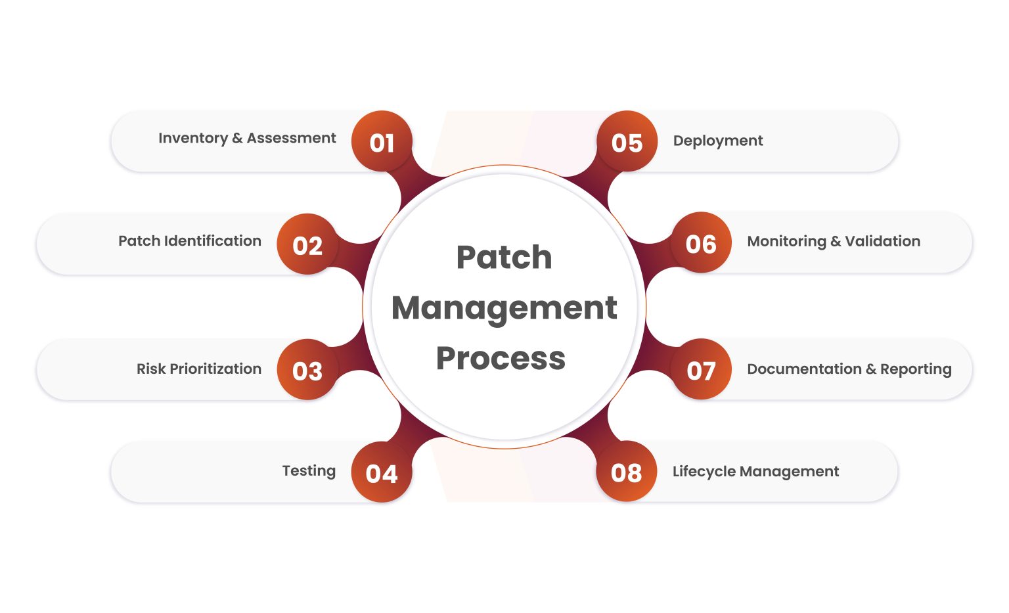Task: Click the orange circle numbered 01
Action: (x=382, y=142)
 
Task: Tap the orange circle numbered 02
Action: (x=307, y=244)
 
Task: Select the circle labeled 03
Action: (x=307, y=370)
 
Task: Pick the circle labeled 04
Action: (x=382, y=472)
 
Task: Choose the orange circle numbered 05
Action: (x=627, y=142)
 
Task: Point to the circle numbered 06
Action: (x=701, y=243)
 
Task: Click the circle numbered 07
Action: (x=701, y=370)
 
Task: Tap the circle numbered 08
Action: (x=626, y=472)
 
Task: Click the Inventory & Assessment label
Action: (x=247, y=138)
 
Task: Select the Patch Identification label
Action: (x=190, y=241)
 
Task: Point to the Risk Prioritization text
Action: (x=199, y=369)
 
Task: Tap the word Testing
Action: (x=309, y=471)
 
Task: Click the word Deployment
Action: (x=718, y=141)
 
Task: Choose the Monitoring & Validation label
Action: (x=834, y=241)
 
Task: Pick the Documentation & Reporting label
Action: (x=849, y=369)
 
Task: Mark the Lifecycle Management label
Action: (x=755, y=472)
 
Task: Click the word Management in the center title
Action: (x=504, y=308)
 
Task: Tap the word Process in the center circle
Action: (x=501, y=359)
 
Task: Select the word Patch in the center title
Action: (x=504, y=257)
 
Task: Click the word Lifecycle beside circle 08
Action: (x=703, y=472)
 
